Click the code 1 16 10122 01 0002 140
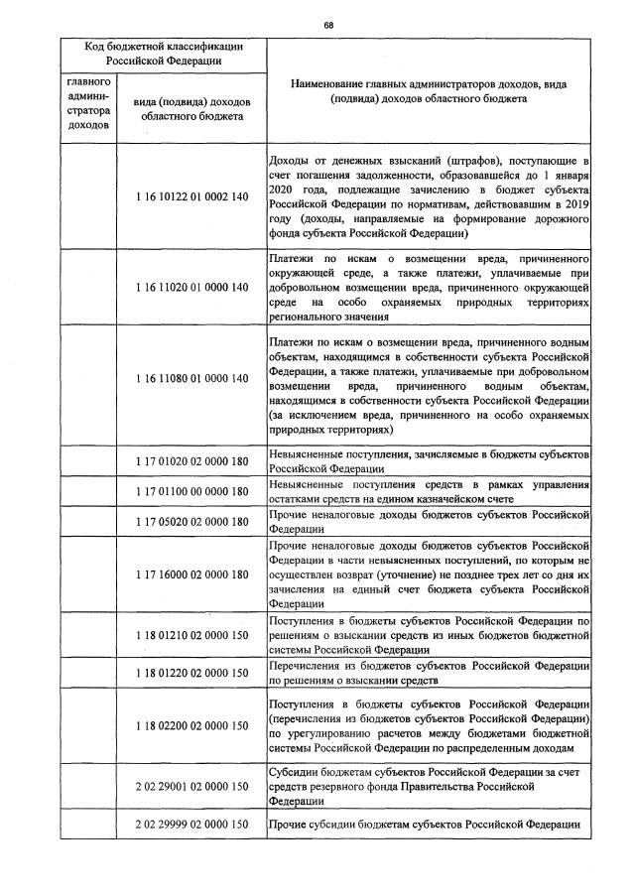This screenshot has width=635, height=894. [191, 197]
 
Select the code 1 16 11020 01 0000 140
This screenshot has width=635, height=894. [191, 287]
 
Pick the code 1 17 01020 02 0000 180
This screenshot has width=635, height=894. [191, 460]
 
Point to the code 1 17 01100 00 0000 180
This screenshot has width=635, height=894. [191, 492]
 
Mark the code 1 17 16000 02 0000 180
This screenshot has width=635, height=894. [191, 575]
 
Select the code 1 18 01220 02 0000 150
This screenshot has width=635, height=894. [191, 673]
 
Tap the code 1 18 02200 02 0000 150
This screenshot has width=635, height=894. [191, 725]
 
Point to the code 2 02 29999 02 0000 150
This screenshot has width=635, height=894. [191, 826]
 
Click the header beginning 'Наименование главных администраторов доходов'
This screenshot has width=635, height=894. [430, 92]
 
